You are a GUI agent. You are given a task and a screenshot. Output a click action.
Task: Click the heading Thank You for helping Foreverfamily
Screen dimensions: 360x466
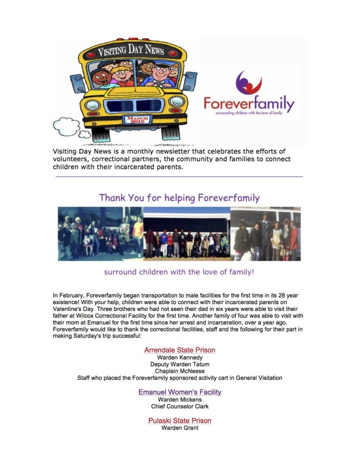click(x=179, y=198)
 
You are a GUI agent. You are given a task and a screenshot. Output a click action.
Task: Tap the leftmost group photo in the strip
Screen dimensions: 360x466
click(x=100, y=233)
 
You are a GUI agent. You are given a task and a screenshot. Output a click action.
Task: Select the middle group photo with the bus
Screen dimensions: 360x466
click(x=186, y=233)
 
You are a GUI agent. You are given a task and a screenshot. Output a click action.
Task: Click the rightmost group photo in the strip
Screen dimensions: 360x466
click(x=265, y=233)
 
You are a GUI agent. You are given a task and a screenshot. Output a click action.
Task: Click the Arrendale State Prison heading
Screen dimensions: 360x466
click(x=179, y=350)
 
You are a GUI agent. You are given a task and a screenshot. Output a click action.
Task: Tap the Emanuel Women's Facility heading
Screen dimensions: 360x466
click(x=179, y=392)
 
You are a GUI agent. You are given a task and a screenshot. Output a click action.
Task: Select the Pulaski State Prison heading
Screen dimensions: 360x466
click(x=179, y=421)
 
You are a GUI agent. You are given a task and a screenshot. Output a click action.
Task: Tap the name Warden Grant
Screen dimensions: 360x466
click(x=179, y=428)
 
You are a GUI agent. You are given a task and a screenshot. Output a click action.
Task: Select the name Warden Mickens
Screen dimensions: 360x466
click(x=179, y=400)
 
